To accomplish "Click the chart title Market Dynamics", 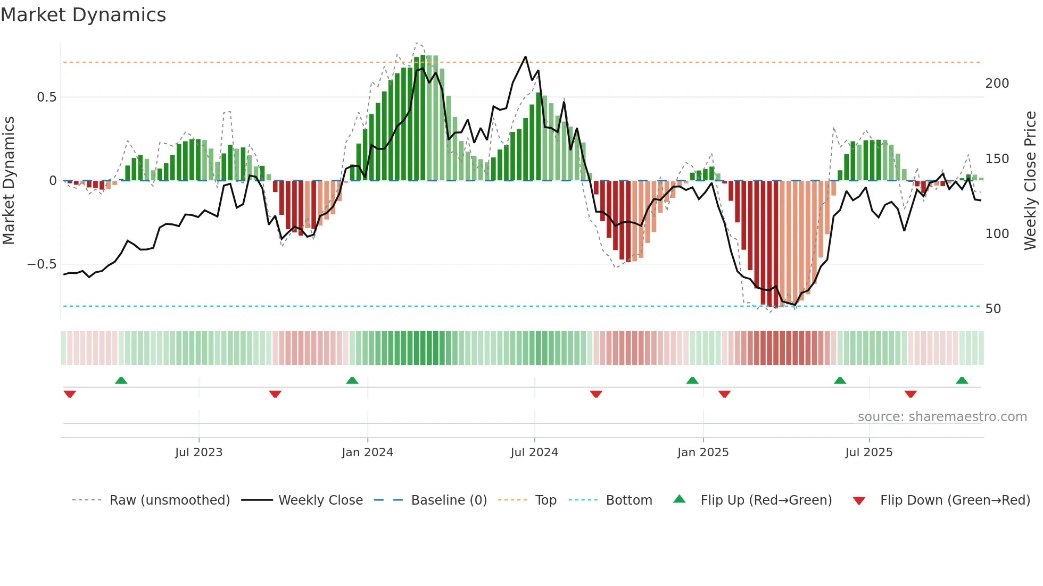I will (x=83, y=15).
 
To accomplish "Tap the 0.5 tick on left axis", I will (x=46, y=97).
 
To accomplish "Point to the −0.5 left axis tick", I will (x=42, y=264).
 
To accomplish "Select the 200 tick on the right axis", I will (x=997, y=83).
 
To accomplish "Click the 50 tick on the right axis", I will (x=993, y=309).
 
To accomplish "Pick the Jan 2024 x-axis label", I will (x=367, y=453).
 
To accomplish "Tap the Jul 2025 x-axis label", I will (x=868, y=453).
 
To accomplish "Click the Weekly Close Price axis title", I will (x=1030, y=181).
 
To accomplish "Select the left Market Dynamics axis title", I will (x=9, y=181).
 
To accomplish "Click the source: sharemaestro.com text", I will (x=942, y=417).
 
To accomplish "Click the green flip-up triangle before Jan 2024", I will (x=352, y=380).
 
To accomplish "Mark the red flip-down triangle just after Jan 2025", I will (x=724, y=394).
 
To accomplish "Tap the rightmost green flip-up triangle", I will (x=962, y=380).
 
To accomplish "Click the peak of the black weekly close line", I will (x=525, y=57).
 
